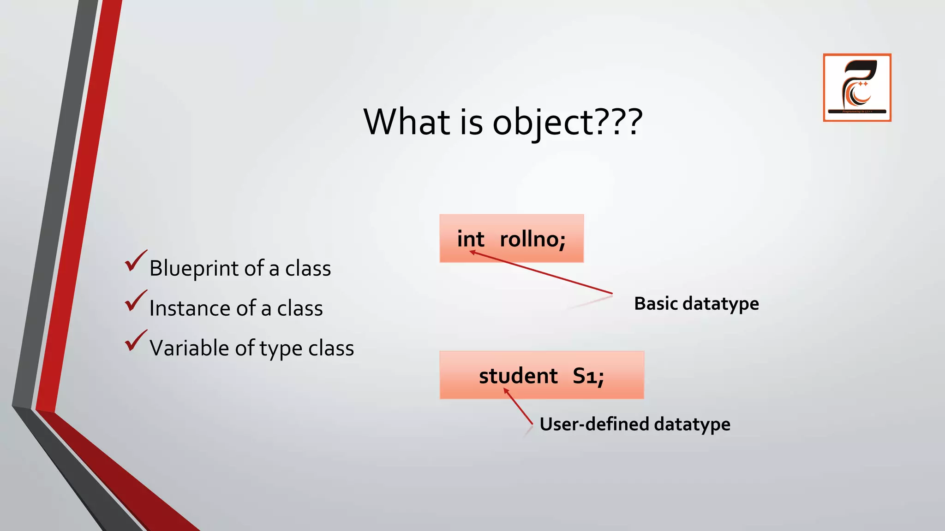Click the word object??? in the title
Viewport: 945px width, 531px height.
click(568, 123)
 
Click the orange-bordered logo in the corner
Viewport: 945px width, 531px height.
click(857, 88)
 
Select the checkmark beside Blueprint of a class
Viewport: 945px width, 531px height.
click(135, 261)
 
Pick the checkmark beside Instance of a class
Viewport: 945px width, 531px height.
click(135, 301)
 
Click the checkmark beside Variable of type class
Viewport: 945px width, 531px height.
click(135, 342)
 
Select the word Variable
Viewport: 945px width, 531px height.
click(189, 348)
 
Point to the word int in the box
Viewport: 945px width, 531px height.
click(470, 239)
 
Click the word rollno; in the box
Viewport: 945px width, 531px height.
click(532, 239)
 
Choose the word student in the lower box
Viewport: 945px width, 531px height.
click(518, 376)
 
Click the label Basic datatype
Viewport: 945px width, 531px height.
click(696, 304)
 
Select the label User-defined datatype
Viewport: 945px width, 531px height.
click(634, 424)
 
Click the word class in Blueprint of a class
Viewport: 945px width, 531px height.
click(308, 268)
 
